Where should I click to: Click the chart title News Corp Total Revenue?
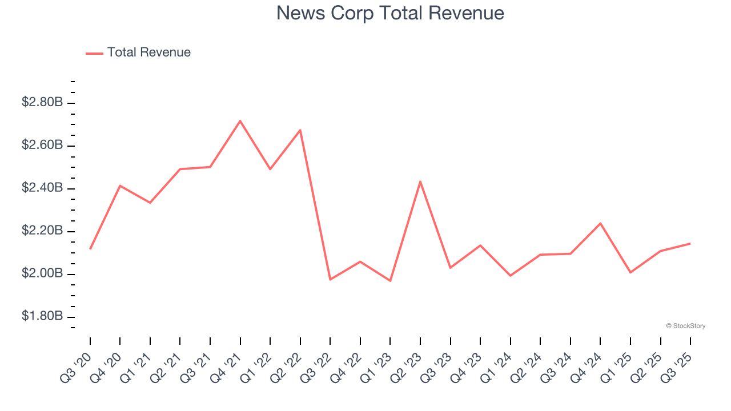[x=390, y=13]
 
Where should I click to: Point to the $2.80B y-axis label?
[x=42, y=103]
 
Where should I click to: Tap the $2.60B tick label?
[x=42, y=146]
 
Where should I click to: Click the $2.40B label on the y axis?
[x=42, y=188]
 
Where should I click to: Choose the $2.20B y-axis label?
[x=42, y=231]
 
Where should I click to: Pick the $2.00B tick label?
[x=42, y=274]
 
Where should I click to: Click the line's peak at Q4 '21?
[x=240, y=120]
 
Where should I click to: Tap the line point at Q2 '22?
[x=300, y=130]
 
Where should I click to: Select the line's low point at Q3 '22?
[x=330, y=279]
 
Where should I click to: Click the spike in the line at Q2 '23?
[x=420, y=182]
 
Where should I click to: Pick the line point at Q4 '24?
[x=600, y=223]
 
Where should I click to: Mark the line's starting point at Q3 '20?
[x=90, y=249]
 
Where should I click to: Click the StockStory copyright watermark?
[x=685, y=326]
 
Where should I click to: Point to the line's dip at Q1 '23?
[x=390, y=281]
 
